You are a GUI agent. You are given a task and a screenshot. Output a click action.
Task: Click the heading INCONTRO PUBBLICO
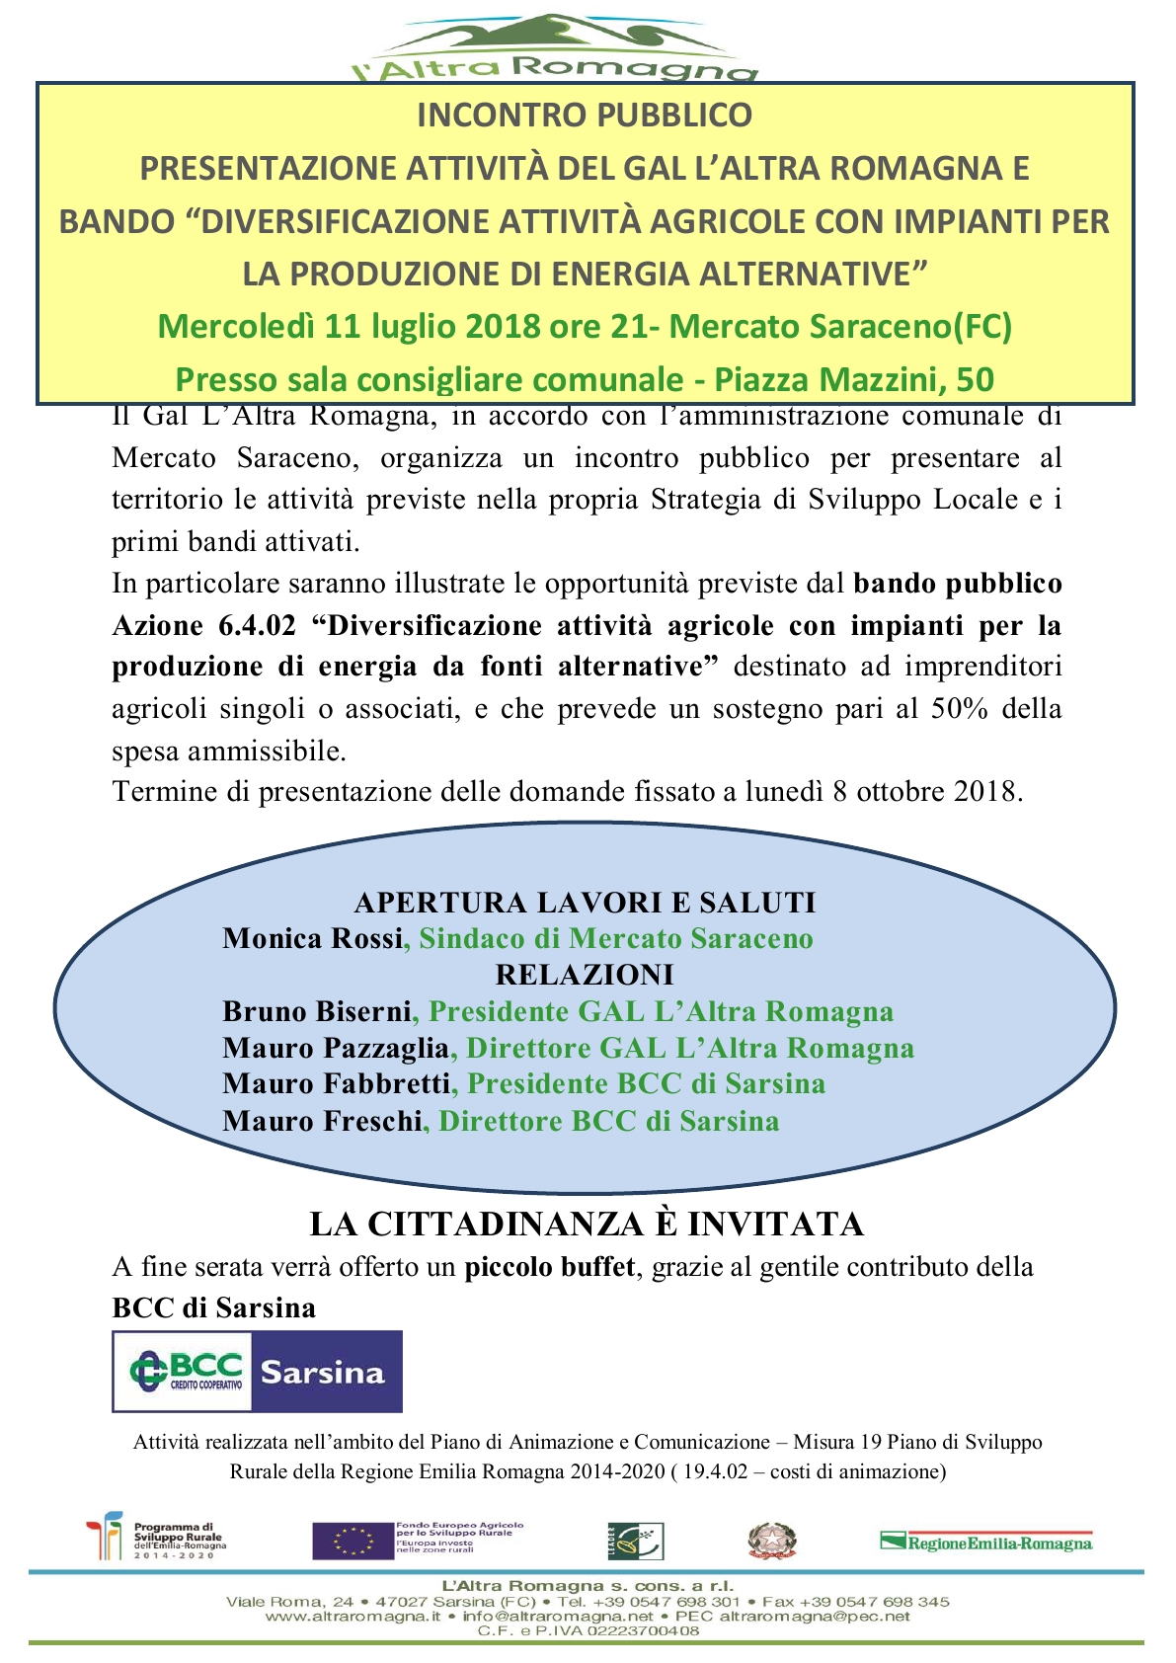point(585,116)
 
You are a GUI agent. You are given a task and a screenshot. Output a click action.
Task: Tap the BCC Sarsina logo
point(257,1371)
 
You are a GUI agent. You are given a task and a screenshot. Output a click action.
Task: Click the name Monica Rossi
point(313,938)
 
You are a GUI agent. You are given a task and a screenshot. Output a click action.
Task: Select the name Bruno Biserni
point(317,1011)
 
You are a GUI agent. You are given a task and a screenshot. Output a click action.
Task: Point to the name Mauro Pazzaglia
point(336,1048)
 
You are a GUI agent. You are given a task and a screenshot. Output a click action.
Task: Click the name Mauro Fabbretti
point(337,1084)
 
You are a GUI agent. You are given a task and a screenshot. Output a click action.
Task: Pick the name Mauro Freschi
point(322,1121)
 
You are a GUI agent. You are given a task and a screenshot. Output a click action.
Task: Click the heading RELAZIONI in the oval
point(585,975)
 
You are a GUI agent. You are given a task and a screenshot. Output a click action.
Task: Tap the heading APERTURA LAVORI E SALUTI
point(585,902)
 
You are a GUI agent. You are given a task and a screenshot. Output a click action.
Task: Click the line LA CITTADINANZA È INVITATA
point(587,1224)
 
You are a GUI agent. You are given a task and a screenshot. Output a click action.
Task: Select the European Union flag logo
point(353,1541)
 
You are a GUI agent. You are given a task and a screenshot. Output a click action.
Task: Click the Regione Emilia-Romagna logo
point(986,1542)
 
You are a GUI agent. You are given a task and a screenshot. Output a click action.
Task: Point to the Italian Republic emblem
point(771,1541)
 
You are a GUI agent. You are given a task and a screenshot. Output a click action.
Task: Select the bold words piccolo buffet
point(550,1266)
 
